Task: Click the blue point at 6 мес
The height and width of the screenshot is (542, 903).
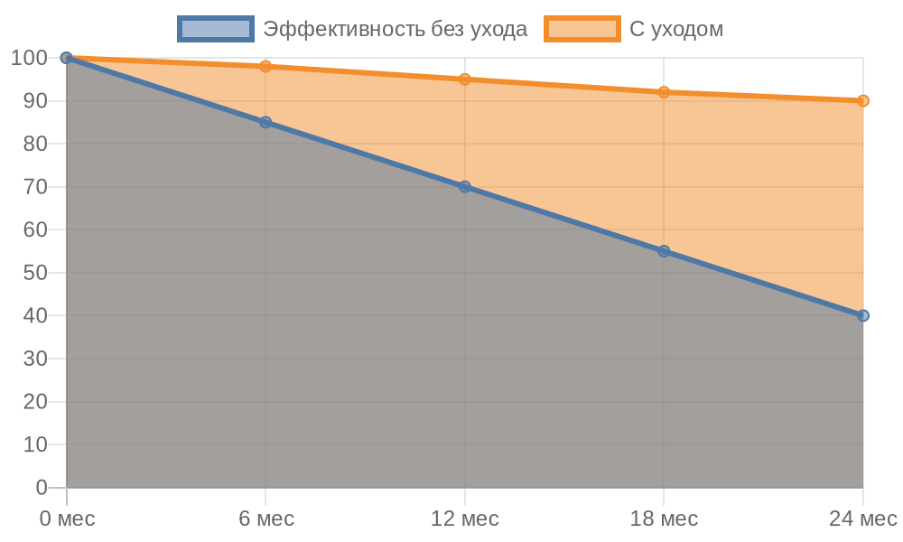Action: coord(265,122)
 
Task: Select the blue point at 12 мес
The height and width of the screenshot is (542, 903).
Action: coord(465,187)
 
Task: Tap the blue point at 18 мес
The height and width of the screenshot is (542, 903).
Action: coord(664,251)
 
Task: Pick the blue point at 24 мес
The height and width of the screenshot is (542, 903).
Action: coord(863,315)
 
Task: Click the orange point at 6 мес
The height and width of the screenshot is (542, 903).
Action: coord(265,66)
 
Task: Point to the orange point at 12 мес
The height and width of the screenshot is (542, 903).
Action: coord(465,79)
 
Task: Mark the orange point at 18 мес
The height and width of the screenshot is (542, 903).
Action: coord(664,92)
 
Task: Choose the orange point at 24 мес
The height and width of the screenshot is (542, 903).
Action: coord(863,101)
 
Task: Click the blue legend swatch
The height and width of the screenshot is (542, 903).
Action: coord(216,29)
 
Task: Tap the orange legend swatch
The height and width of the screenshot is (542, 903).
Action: coord(582,29)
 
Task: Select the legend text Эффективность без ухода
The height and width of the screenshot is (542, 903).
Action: coord(395,29)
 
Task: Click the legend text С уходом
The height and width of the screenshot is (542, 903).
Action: coord(676,29)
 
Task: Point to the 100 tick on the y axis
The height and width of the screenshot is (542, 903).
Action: coord(29,58)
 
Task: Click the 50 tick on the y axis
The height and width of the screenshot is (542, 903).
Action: coord(35,273)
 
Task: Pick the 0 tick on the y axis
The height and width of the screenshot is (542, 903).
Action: coord(42,488)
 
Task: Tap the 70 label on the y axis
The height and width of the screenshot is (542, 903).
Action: coord(35,187)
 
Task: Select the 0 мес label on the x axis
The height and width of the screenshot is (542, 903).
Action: coord(67,519)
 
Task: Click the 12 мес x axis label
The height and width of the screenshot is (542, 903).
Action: coord(465,519)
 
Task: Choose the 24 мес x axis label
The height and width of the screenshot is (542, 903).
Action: coord(862,519)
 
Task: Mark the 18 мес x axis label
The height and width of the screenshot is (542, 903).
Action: coord(664,519)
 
